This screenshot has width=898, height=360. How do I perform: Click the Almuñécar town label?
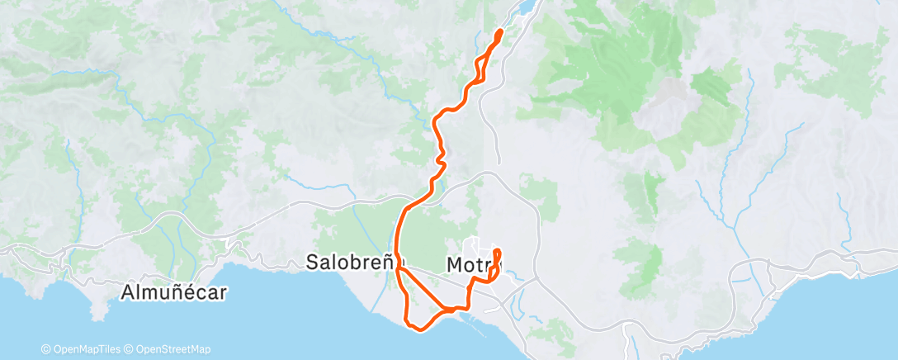pos(173,291)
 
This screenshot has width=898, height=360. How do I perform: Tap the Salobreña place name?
pos(350,263)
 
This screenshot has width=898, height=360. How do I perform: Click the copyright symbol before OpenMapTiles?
pos(47,349)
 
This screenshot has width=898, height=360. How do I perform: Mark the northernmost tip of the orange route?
pos(500,31)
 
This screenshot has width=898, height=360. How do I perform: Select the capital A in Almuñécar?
pos(128,291)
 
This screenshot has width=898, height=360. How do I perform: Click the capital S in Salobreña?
pos(312,263)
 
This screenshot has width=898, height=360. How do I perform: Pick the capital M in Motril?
pos(454,265)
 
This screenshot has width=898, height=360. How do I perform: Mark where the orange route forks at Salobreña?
pos(399,268)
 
